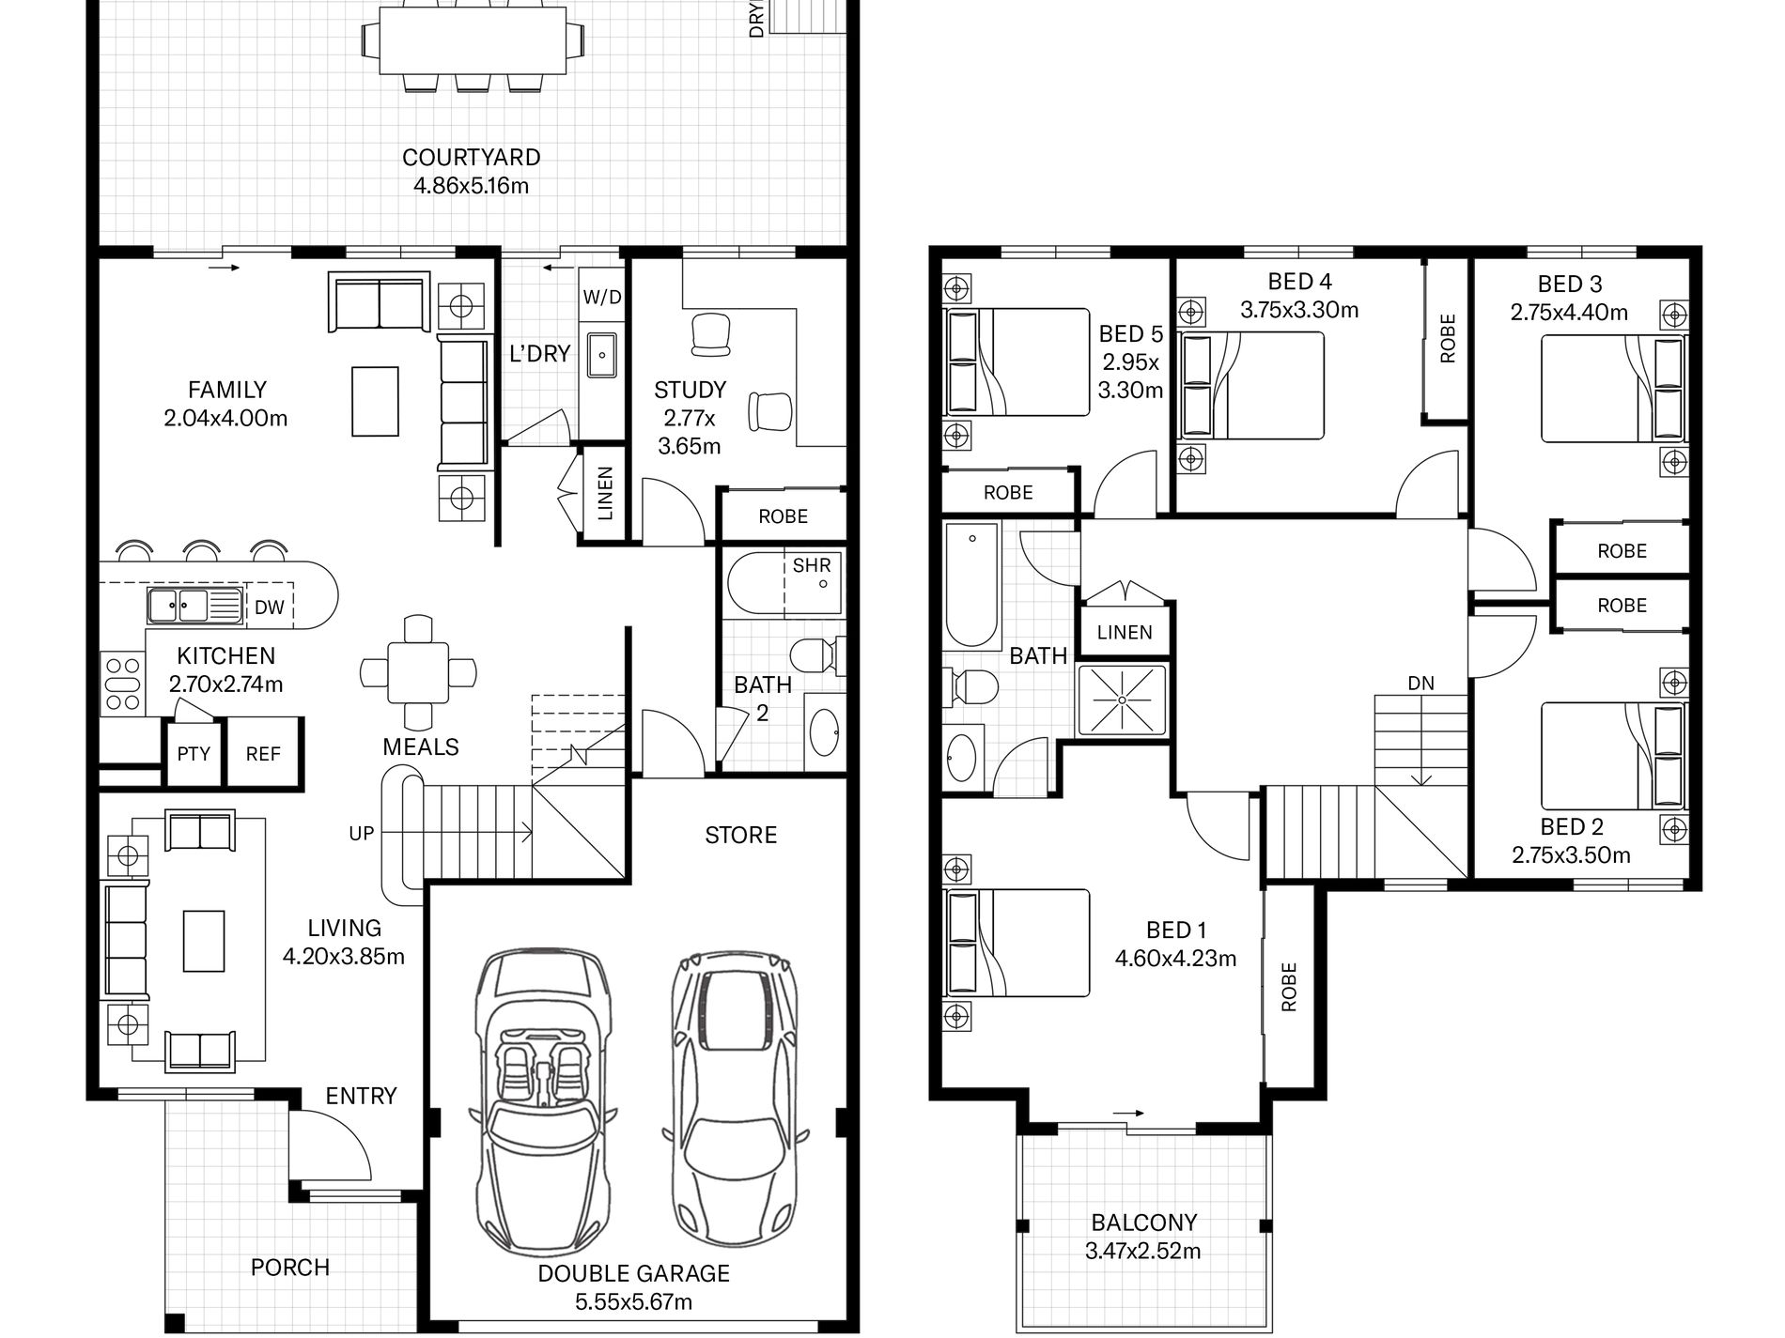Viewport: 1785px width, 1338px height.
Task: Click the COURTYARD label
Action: point(471,157)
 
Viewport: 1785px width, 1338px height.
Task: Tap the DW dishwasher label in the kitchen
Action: point(269,607)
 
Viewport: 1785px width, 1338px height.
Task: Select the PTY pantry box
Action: point(194,752)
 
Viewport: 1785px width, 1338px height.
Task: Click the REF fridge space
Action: point(263,752)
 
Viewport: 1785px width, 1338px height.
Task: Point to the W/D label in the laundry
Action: point(602,298)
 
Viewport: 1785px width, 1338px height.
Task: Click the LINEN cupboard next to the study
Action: point(604,493)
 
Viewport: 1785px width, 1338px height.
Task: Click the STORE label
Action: point(741,835)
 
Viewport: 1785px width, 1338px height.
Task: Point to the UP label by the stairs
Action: point(362,832)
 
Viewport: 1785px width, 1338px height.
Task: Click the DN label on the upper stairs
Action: point(1420,683)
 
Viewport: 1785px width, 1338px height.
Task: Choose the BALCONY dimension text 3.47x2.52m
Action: point(1142,1250)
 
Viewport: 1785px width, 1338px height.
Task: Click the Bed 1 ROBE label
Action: point(1288,986)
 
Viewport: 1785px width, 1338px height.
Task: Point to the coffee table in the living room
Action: point(204,940)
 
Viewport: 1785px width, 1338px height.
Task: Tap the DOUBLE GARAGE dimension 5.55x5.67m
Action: point(633,1301)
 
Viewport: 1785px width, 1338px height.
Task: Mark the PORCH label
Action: point(290,1267)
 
